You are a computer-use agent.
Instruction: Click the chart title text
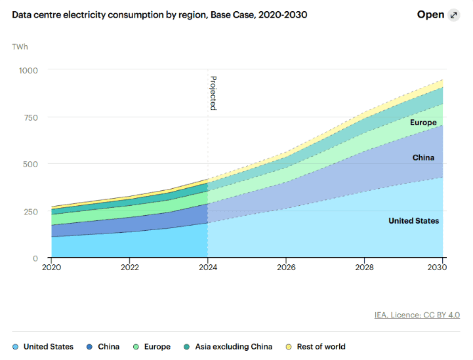coord(159,14)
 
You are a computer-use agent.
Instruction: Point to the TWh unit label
coord(20,47)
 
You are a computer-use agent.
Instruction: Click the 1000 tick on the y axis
coord(29,70)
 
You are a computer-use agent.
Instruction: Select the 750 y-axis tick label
coord(31,117)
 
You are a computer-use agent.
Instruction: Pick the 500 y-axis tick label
coord(31,164)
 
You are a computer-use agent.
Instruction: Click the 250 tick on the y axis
coord(31,211)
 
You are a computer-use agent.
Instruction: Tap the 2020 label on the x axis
coord(51,268)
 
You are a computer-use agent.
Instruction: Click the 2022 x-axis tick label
coord(130,268)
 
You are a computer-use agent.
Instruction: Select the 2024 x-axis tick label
coord(208,268)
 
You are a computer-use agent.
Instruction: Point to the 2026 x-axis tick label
coord(286,268)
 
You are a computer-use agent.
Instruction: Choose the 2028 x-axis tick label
coord(365,268)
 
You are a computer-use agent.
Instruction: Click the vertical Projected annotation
coord(213,93)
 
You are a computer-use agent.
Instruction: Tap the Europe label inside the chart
coord(423,123)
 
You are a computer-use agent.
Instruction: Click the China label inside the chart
coord(423,157)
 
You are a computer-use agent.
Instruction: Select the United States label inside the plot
coord(413,221)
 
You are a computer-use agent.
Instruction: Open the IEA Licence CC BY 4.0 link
coord(417,315)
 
